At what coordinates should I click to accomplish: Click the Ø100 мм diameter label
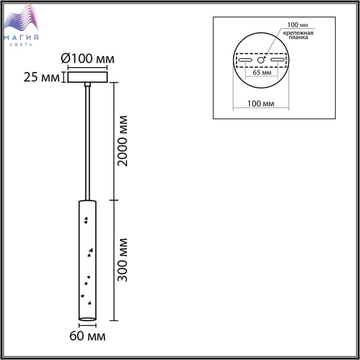click(87, 59)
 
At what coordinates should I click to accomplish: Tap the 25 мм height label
click(42, 77)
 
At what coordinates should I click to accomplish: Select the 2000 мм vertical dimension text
click(122, 141)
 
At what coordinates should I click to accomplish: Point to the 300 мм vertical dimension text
click(122, 260)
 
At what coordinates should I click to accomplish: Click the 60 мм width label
click(87, 336)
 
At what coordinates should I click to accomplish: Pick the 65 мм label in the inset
click(262, 73)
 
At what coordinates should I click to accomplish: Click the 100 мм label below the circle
click(261, 103)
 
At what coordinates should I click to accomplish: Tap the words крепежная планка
click(298, 35)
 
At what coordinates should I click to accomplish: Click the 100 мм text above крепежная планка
click(298, 25)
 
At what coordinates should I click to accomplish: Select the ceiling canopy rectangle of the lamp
click(87, 77)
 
